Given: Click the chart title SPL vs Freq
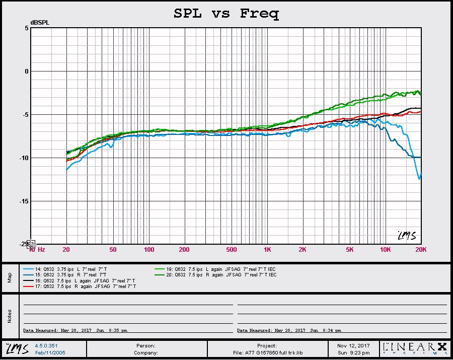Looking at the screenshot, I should click(226, 14).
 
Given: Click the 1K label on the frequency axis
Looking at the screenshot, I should click(267, 249).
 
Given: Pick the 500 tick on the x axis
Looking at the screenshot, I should click(231, 249).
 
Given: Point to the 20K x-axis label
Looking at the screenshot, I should click(421, 249).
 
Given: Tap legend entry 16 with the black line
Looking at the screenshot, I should click(81, 280).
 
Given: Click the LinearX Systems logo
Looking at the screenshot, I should click(414, 348).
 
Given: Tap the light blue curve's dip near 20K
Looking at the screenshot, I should click(419, 178).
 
